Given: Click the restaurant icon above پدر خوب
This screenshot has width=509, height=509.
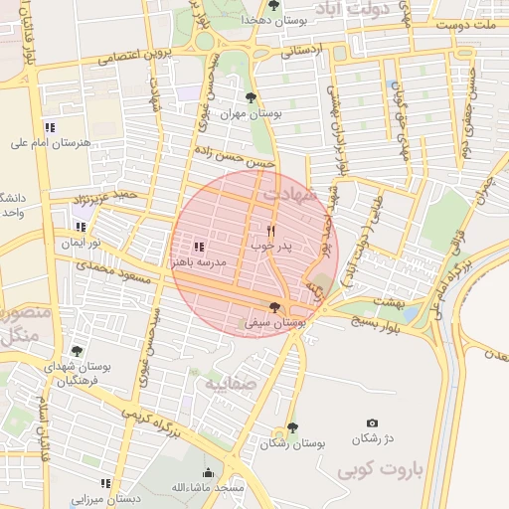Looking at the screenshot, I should coord(270,230).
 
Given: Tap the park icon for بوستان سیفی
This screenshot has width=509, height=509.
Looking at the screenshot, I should coord(275,308).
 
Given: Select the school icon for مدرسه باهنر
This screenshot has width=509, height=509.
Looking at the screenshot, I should coord(198,246).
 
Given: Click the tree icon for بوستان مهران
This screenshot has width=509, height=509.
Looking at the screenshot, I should coord(250,97).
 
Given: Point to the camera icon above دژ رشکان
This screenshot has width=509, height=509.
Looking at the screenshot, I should coord(372,424).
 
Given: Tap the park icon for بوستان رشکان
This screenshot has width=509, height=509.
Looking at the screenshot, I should coord(291,427).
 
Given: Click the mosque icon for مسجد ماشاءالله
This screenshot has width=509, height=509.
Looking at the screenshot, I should coord(208,473).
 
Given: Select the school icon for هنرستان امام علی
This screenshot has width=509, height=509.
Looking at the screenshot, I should coord(50,126).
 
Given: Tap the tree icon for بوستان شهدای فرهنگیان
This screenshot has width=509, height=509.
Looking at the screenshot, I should coord(78,351).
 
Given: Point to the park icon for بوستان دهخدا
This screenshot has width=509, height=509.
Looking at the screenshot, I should coord(273,5).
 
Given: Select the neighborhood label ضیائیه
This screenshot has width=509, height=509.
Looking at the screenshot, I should coord(232,382).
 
